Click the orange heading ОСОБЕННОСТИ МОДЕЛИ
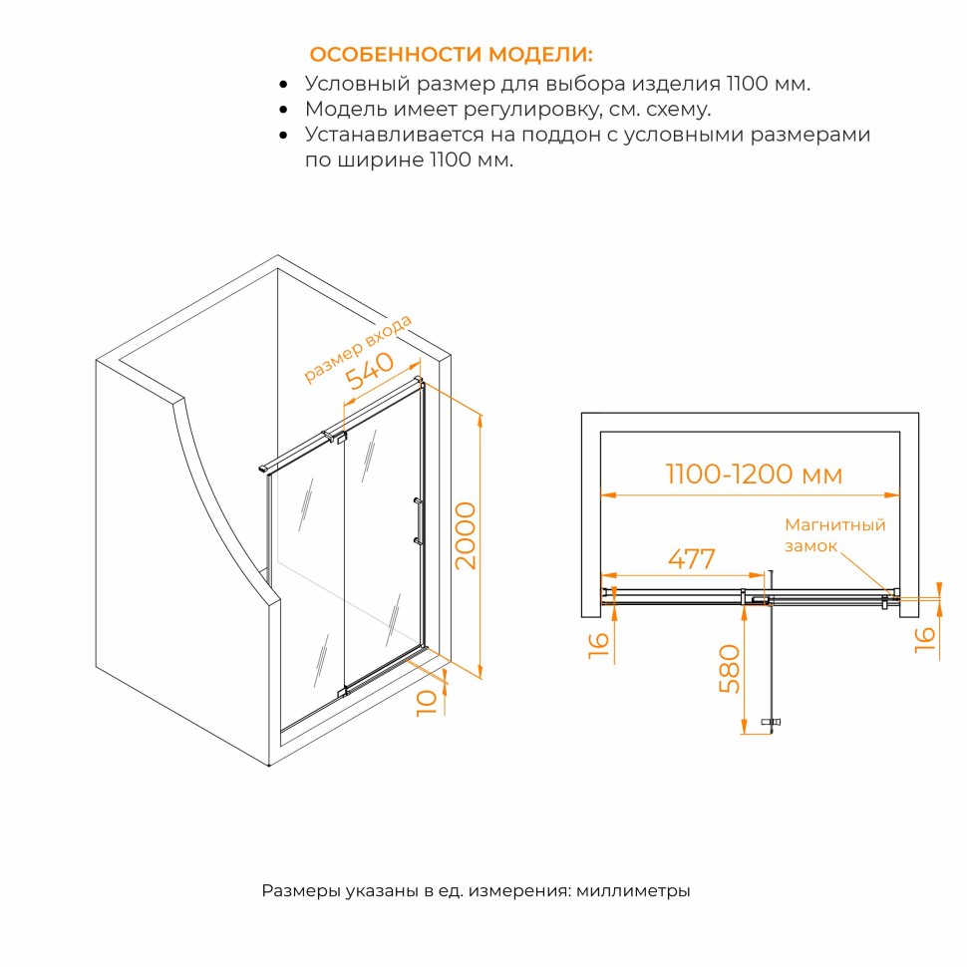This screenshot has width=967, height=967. pyautogui.click(x=451, y=54)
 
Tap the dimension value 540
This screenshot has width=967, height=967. pyautogui.click(x=370, y=371)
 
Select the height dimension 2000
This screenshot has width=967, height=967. pyautogui.click(x=466, y=535)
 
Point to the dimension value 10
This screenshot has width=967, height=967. pyautogui.click(x=427, y=702)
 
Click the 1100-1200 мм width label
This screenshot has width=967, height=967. pyautogui.click(x=754, y=475)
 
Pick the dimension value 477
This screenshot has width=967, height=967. pyautogui.click(x=691, y=558)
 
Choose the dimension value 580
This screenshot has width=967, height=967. pyautogui.click(x=730, y=669)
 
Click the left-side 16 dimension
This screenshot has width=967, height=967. pyautogui.click(x=599, y=645)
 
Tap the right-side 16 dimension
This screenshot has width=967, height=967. pyautogui.click(x=924, y=640)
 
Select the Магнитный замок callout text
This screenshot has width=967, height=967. pyautogui.click(x=834, y=535)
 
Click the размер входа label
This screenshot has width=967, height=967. pyautogui.click(x=358, y=349)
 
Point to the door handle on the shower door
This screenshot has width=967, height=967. pyautogui.click(x=418, y=521)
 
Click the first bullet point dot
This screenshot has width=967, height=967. pyautogui.click(x=283, y=84)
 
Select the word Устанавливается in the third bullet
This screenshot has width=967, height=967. pyautogui.click(x=394, y=135)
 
